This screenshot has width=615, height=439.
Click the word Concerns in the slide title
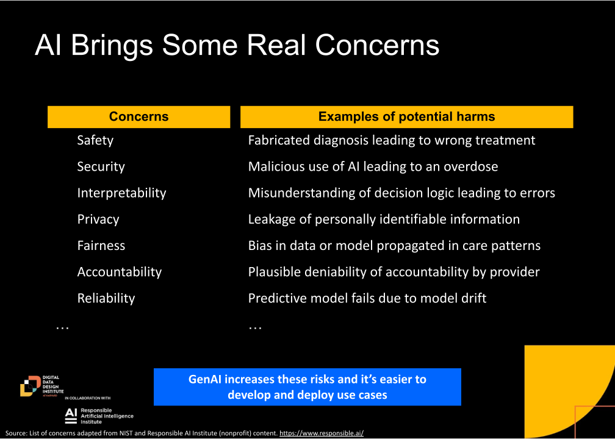click(x=377, y=45)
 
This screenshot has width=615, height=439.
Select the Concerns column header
click(x=139, y=116)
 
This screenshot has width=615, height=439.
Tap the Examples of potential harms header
click(x=407, y=116)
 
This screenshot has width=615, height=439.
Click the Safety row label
click(x=95, y=140)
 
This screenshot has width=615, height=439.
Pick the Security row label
click(x=101, y=166)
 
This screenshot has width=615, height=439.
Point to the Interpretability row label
click(x=121, y=193)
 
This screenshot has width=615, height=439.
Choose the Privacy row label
click(x=98, y=219)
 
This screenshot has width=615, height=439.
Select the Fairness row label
click(x=101, y=245)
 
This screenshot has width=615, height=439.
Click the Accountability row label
click(x=119, y=272)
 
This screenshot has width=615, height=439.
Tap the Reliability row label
click(x=106, y=298)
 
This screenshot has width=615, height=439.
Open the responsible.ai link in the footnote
click(x=322, y=433)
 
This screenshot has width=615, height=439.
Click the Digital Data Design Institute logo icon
click(x=31, y=386)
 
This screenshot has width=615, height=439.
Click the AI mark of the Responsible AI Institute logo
click(x=71, y=416)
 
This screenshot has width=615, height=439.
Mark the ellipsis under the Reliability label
click(x=62, y=327)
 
